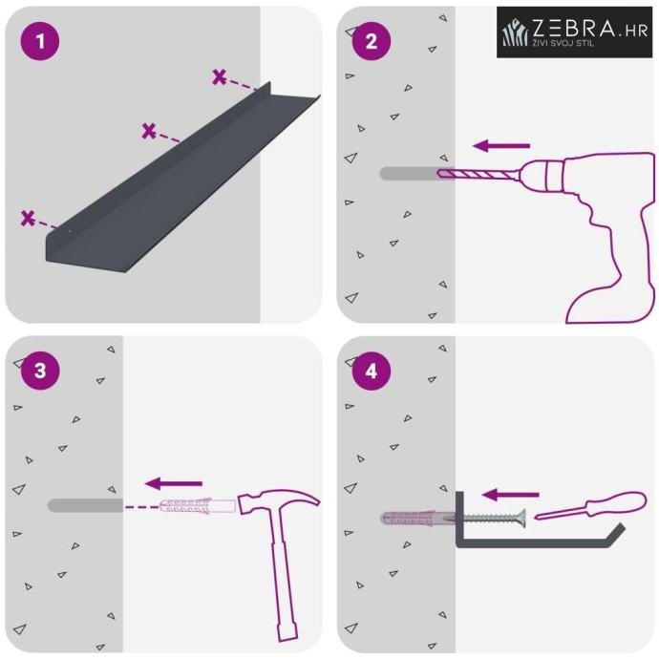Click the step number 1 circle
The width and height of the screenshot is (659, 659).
pyautogui.click(x=40, y=41)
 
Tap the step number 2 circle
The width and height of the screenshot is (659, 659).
pyautogui.click(x=372, y=41)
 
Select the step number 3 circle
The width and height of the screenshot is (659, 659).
pyautogui.click(x=40, y=371)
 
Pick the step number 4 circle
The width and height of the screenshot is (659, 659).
pyautogui.click(x=372, y=371)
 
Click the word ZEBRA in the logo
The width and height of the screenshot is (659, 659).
pyautogui.click(x=574, y=28)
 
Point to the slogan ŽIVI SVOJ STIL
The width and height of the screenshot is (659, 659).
pyautogui.click(x=563, y=42)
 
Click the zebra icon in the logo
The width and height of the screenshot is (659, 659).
pyautogui.click(x=515, y=32)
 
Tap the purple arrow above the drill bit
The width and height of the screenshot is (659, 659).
pyautogui.click(x=501, y=146)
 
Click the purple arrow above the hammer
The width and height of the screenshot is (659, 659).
pyautogui.click(x=173, y=483)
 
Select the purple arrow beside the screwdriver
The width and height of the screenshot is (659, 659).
pyautogui.click(x=510, y=495)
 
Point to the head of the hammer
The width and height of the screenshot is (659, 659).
pyautogui.click(x=277, y=501)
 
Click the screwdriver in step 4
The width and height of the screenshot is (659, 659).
pyautogui.click(x=590, y=505)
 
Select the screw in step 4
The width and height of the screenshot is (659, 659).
pyautogui.click(x=491, y=519)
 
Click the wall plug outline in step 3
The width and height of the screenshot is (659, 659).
pyautogui.click(x=198, y=505)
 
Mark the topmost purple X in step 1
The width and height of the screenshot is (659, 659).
pyautogui.click(x=219, y=77)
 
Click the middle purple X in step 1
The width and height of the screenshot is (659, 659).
pyautogui.click(x=148, y=131)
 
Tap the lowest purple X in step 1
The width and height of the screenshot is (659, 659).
pyautogui.click(x=28, y=219)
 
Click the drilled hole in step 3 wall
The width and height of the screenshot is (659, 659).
pyautogui.click(x=85, y=505)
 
